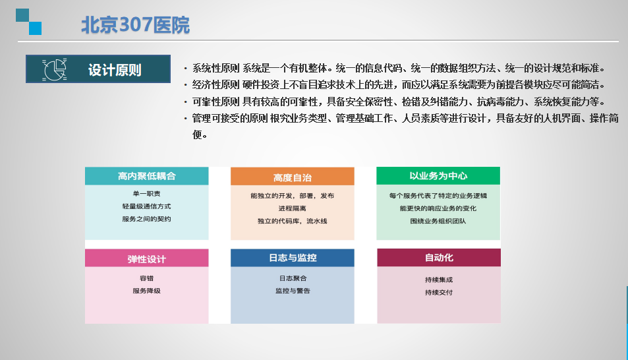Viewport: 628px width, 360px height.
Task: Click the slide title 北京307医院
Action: pyautogui.click(x=135, y=25)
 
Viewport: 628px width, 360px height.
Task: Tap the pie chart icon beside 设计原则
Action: pyautogui.click(x=55, y=69)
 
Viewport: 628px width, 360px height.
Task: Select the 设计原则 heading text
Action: pyautogui.click(x=115, y=70)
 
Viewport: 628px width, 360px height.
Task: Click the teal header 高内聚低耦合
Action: pyautogui.click(x=146, y=176)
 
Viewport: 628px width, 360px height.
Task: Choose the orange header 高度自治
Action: pyautogui.click(x=293, y=177)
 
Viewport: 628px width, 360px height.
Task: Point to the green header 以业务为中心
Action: pyautogui.click(x=438, y=175)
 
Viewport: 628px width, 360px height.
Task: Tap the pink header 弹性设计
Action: pyautogui.click(x=146, y=258)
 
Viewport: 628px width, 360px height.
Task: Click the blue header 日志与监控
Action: pyautogui.click(x=293, y=258)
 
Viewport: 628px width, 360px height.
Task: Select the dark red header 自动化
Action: pyautogui.click(x=439, y=257)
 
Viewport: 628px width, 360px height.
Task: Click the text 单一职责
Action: pyautogui.click(x=146, y=194)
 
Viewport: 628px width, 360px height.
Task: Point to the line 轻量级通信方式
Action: pyautogui.click(x=146, y=206)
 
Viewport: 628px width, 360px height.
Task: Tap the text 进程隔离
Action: pyautogui.click(x=293, y=208)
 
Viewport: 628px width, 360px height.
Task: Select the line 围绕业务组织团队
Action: pyautogui.click(x=438, y=221)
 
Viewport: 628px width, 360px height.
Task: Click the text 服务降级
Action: pyautogui.click(x=146, y=291)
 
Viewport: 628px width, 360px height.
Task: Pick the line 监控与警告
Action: pyautogui.click(x=293, y=291)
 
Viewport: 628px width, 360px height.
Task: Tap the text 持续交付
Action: pyautogui.click(x=439, y=292)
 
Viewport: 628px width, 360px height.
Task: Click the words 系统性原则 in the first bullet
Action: pyautogui.click(x=216, y=68)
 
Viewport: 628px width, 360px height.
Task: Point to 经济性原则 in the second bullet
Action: pyautogui.click(x=216, y=85)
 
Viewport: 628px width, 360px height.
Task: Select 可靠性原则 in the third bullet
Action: pyautogui.click(x=216, y=102)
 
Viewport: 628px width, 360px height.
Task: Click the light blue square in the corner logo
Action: pyautogui.click(x=35, y=28)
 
